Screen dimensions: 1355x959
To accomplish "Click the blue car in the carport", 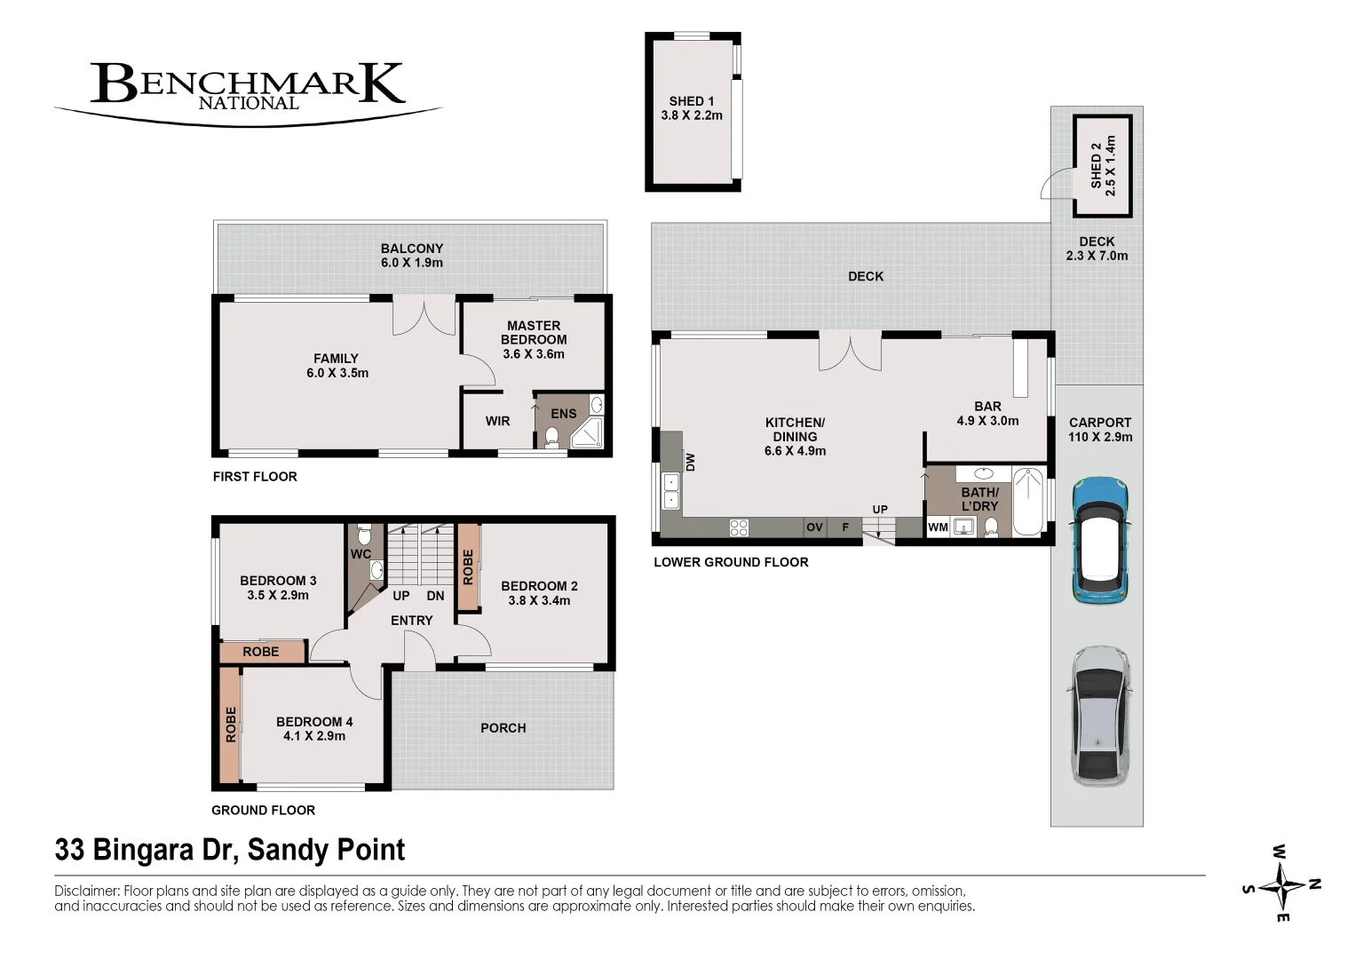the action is [1100, 540].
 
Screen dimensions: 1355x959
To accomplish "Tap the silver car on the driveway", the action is [1100, 716].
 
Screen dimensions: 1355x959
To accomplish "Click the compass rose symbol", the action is [1281, 887].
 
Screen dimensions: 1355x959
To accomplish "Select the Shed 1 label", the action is [692, 108].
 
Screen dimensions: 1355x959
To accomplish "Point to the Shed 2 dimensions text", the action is [1110, 165].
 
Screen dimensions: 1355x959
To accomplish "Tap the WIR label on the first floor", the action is [497, 421].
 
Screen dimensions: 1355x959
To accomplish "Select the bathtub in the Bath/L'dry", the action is [1027, 501].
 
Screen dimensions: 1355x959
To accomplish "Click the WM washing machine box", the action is [938, 527].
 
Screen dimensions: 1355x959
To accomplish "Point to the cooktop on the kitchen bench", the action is [739, 527].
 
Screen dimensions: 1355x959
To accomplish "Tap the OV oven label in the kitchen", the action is [814, 527].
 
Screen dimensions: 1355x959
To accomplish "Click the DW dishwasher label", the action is [690, 463].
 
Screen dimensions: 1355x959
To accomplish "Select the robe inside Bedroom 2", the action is [468, 567].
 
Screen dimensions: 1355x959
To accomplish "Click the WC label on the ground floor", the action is [361, 554].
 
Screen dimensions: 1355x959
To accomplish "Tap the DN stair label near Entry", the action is [435, 595].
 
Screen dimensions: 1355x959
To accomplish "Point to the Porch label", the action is [503, 728].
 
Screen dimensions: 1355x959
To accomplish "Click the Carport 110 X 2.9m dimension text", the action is [1100, 437].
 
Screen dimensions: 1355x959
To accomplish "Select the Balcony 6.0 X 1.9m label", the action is [412, 256].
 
